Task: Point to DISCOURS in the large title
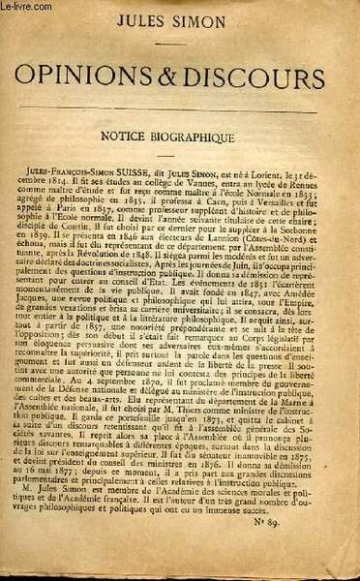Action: (256, 76)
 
